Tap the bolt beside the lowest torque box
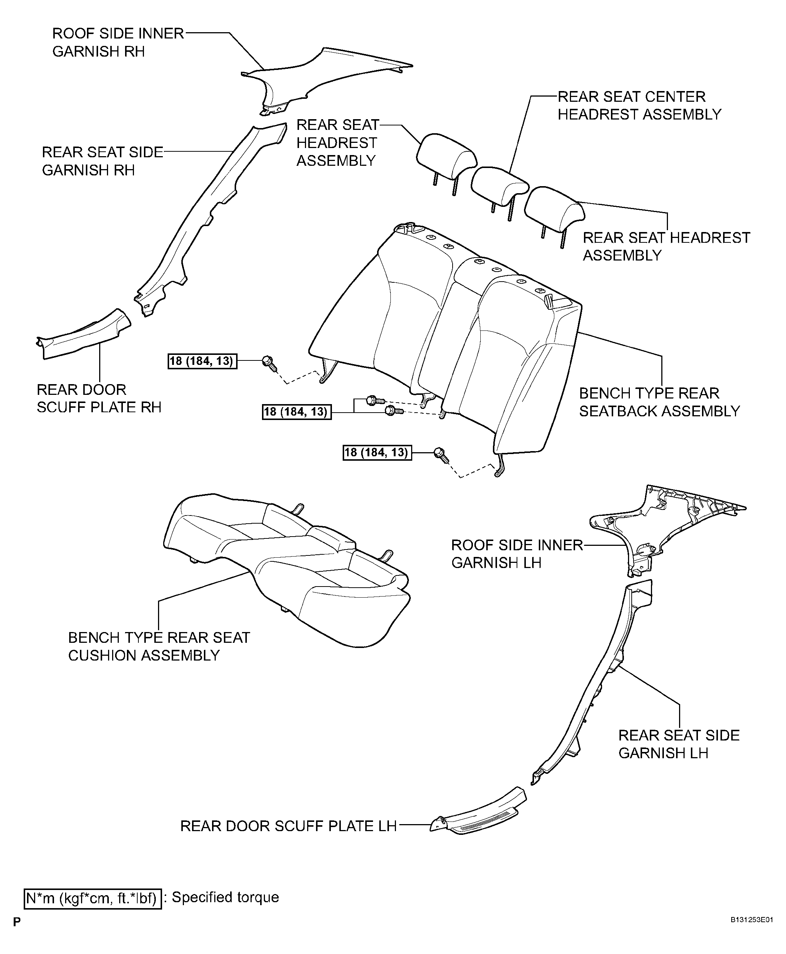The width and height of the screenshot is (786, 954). pyautogui.click(x=440, y=454)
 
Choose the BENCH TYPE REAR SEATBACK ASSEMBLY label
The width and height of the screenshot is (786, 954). pyautogui.click(x=659, y=402)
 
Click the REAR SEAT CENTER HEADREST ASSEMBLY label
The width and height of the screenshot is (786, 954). pyautogui.click(x=639, y=105)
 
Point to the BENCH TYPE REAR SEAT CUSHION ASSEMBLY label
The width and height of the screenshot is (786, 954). pyautogui.click(x=158, y=646)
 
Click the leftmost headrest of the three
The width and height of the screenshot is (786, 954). pyautogui.click(x=446, y=154)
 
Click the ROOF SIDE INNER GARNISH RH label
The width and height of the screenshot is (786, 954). pyautogui.click(x=118, y=43)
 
